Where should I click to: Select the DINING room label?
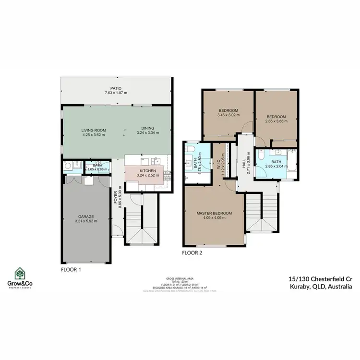(147, 128)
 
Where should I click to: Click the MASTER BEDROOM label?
(214, 213)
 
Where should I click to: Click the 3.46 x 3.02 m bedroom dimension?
(228, 115)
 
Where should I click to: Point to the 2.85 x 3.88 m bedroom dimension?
(276, 121)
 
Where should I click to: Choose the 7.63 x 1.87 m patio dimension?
(115, 93)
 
